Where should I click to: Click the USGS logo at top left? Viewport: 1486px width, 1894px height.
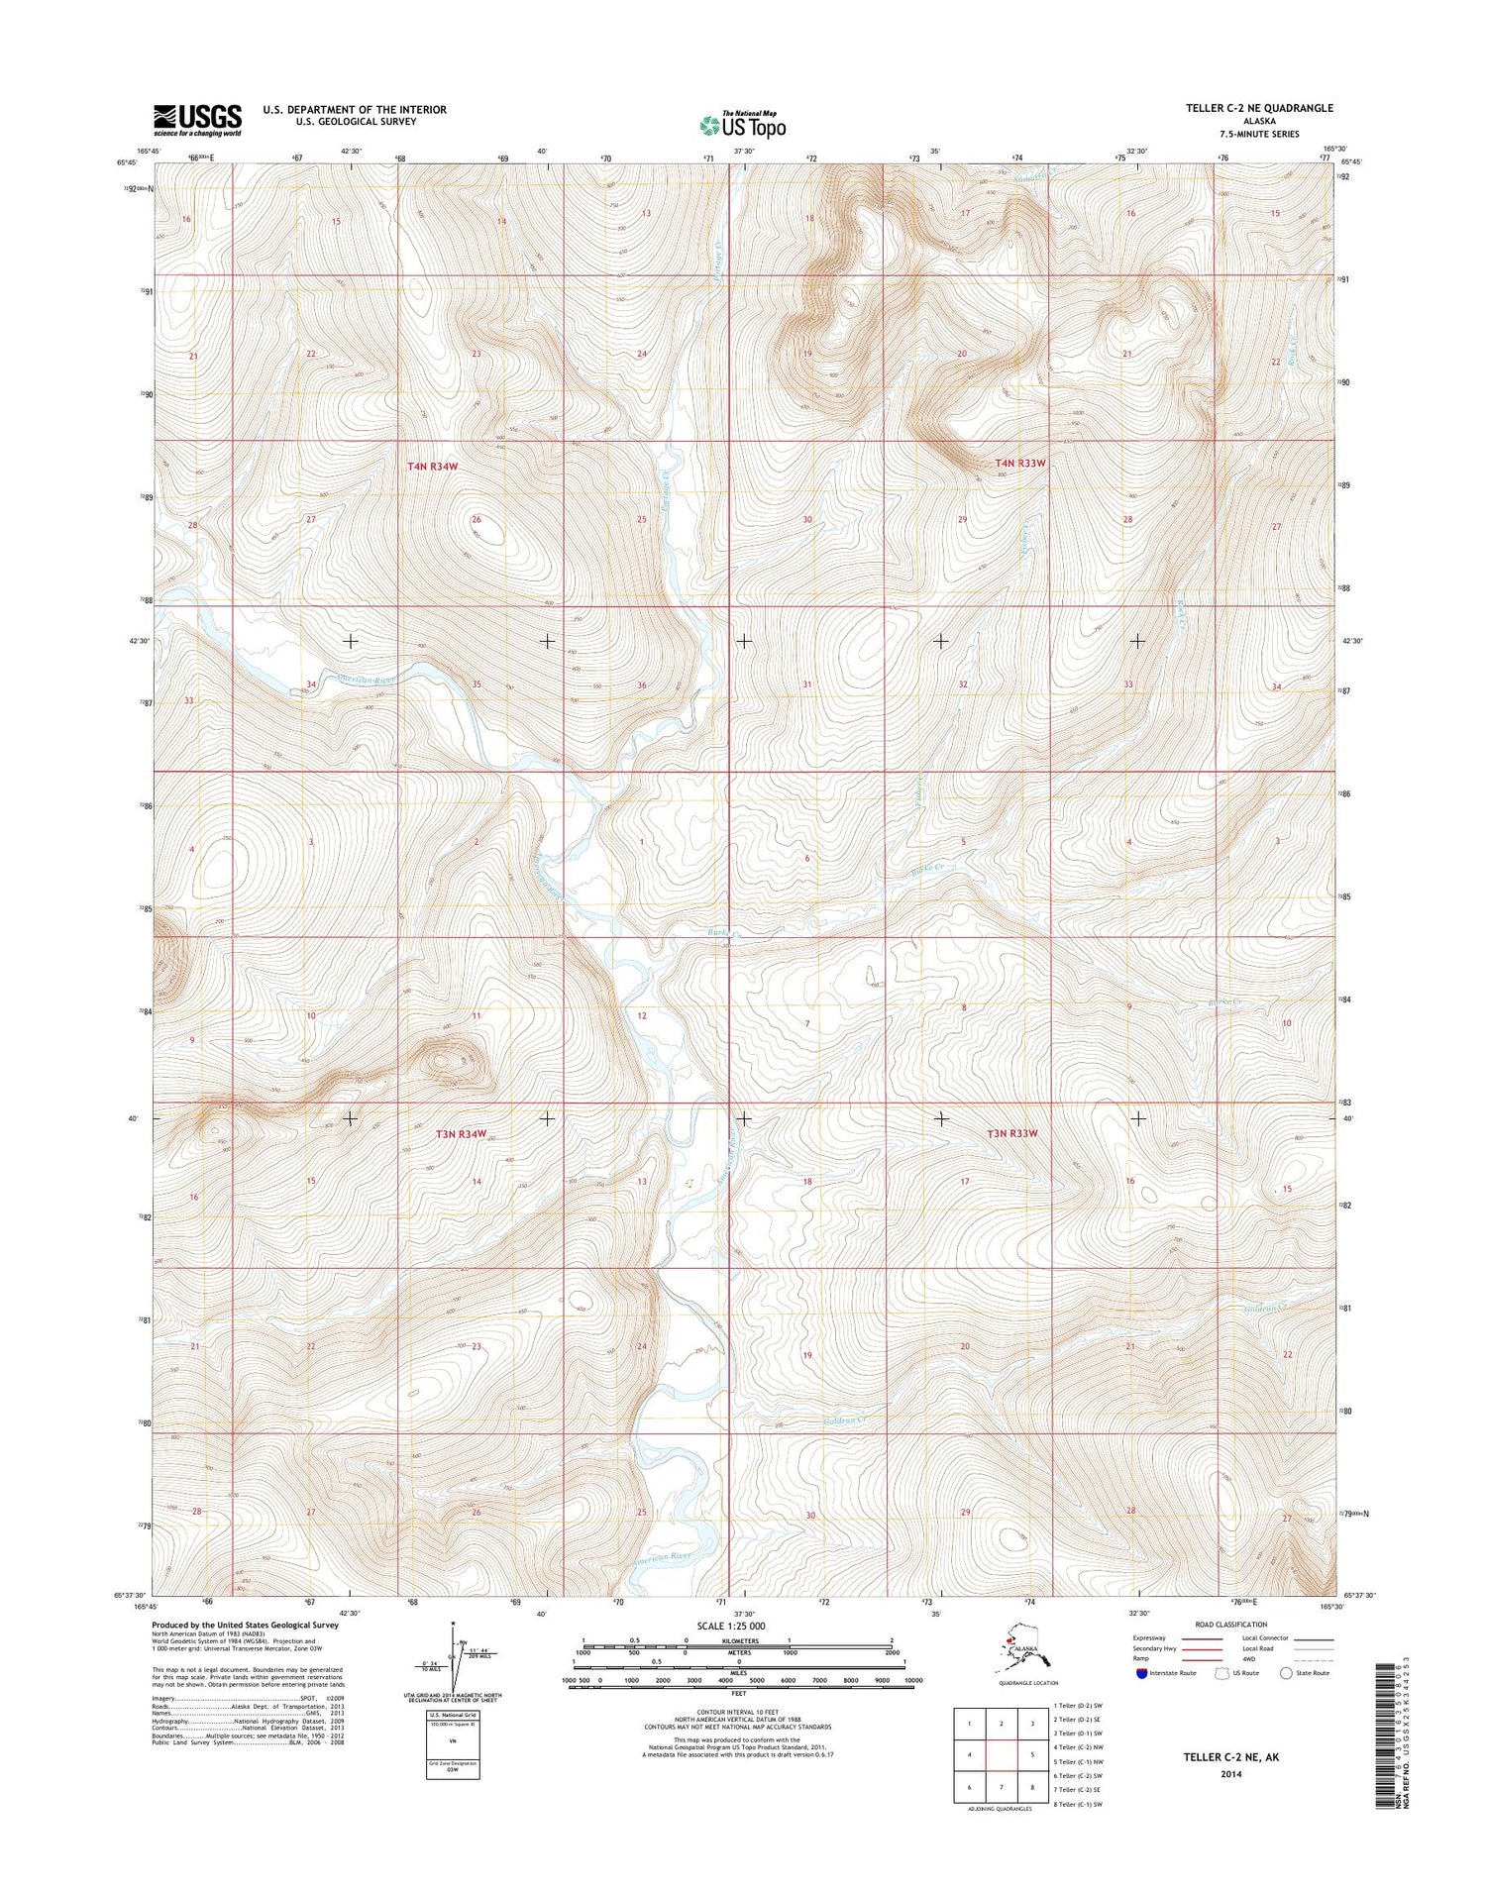197,120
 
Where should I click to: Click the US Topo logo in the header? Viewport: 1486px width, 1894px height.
742,126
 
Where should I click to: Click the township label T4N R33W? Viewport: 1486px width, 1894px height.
1020,463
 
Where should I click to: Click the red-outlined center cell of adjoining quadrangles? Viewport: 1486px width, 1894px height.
1002,1758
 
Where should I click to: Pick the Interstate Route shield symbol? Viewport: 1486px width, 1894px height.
1142,1673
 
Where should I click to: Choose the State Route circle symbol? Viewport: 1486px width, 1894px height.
1287,1673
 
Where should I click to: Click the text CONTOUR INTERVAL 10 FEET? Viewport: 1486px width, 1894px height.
742,1711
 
